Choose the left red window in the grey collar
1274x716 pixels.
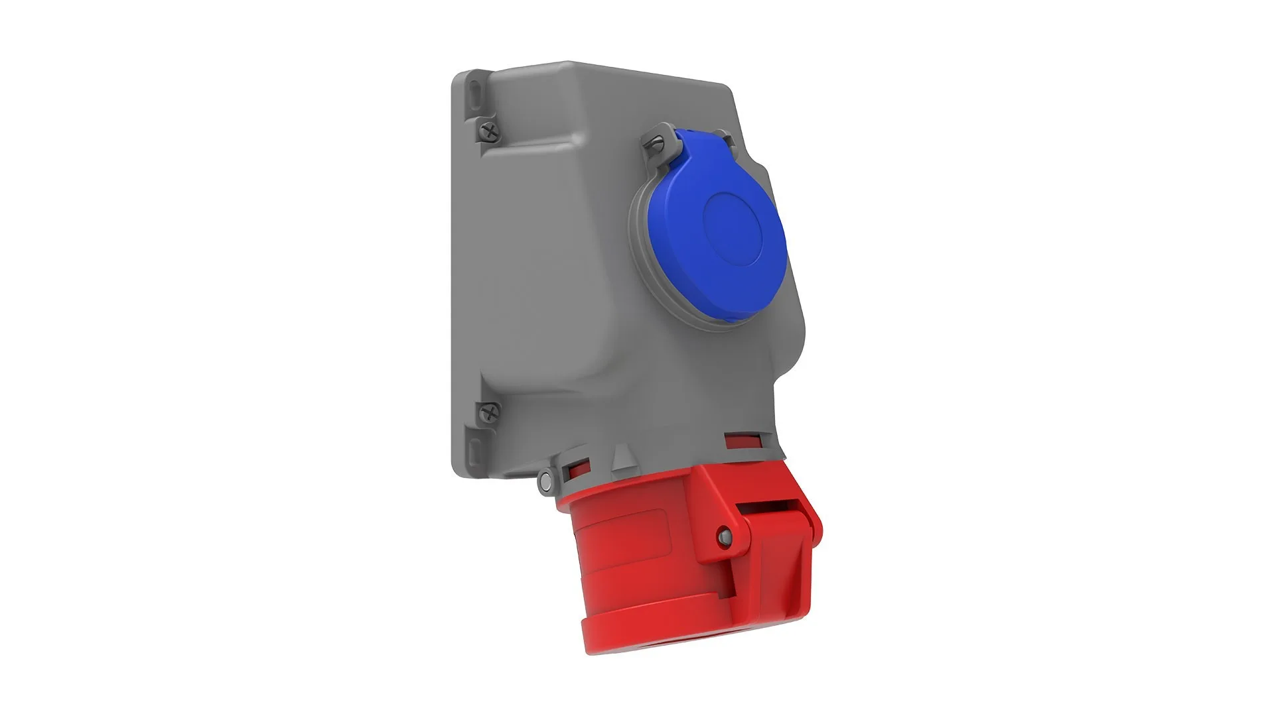(x=575, y=471)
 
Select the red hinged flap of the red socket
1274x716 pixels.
(x=776, y=564)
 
